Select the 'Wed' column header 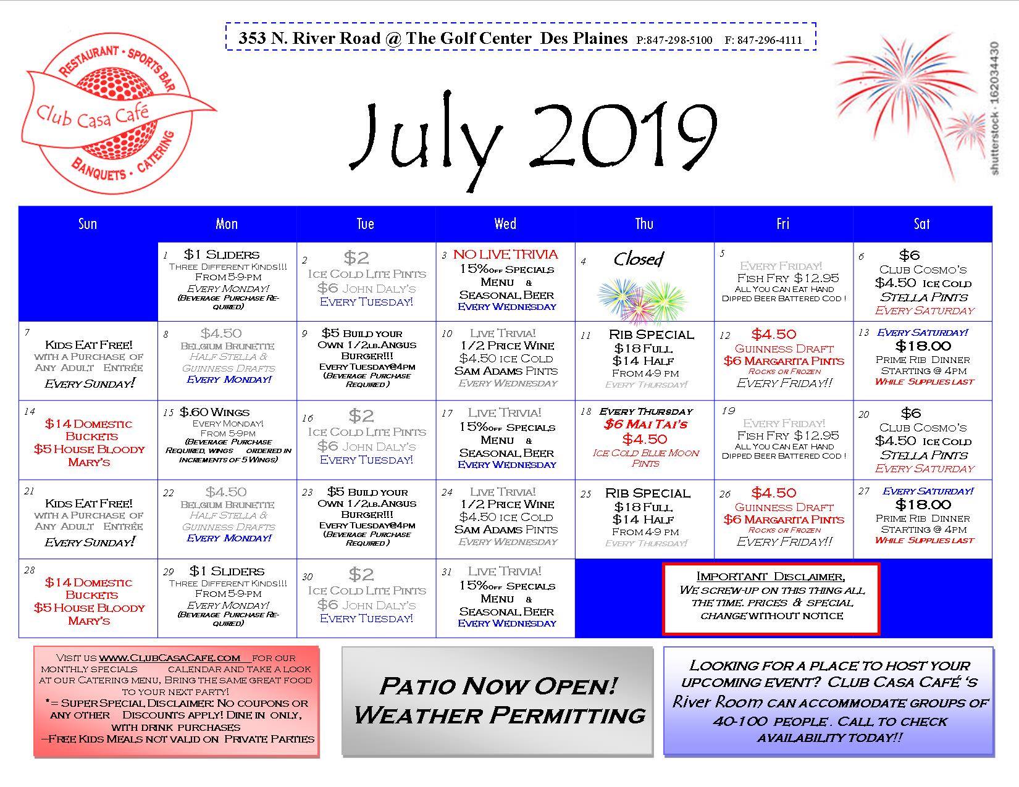pyautogui.click(x=505, y=223)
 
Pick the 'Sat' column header pyautogui.click(x=921, y=223)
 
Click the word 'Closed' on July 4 pyautogui.click(x=639, y=258)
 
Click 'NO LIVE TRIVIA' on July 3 pyautogui.click(x=506, y=254)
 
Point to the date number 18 pyautogui.click(x=585, y=412)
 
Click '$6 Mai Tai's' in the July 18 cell pyautogui.click(x=646, y=424)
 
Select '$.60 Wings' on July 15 pyautogui.click(x=214, y=412)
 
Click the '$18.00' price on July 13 pyautogui.click(x=923, y=346)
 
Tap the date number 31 pyautogui.click(x=447, y=572)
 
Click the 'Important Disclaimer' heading pyautogui.click(x=771, y=577)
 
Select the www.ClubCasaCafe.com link pyautogui.click(x=170, y=657)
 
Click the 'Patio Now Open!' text pyautogui.click(x=498, y=686)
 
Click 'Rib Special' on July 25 pyautogui.click(x=648, y=494)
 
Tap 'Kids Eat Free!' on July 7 pyautogui.click(x=89, y=345)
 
